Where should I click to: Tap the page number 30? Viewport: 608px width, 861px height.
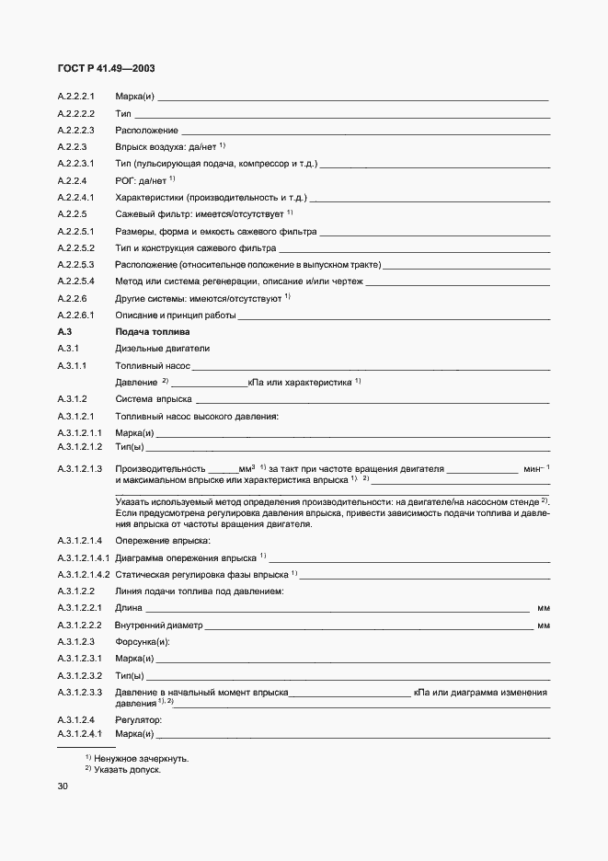(x=63, y=786)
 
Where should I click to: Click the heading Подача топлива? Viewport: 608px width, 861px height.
(x=152, y=331)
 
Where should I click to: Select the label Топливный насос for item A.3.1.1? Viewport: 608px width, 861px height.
(x=153, y=365)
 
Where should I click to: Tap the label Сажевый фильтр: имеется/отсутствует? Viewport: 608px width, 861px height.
(x=199, y=213)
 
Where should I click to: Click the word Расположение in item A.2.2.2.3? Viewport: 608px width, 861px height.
(x=146, y=130)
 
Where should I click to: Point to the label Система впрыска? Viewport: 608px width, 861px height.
(x=153, y=399)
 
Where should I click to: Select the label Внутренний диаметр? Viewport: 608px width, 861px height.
(x=158, y=626)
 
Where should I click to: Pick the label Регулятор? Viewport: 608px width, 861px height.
(x=138, y=718)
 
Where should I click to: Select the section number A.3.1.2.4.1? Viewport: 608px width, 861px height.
(x=83, y=734)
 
